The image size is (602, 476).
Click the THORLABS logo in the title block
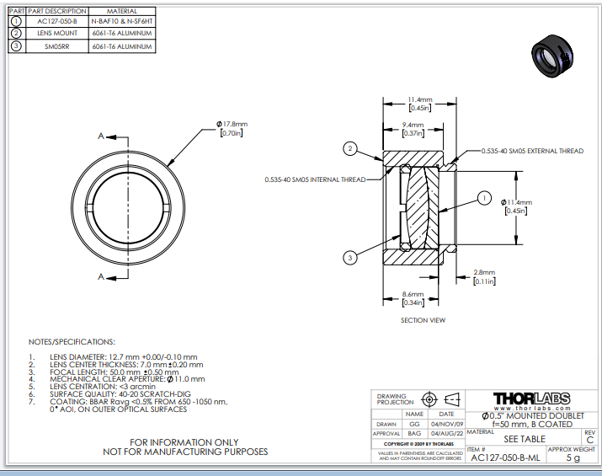531,398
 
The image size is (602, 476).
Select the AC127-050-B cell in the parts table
56,20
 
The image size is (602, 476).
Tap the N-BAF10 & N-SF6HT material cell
121,20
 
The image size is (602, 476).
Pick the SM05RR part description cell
56,46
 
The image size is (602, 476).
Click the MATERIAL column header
121,10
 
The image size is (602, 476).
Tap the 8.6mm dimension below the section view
413,295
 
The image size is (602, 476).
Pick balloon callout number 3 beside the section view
348,256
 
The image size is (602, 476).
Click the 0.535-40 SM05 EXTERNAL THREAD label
531,151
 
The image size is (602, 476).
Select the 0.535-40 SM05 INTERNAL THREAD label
315,179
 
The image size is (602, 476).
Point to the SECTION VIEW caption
423,320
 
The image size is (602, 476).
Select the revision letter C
589,440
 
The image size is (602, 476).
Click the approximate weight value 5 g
573,458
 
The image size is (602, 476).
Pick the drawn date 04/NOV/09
446,424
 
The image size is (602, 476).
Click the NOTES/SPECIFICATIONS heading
72,342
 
